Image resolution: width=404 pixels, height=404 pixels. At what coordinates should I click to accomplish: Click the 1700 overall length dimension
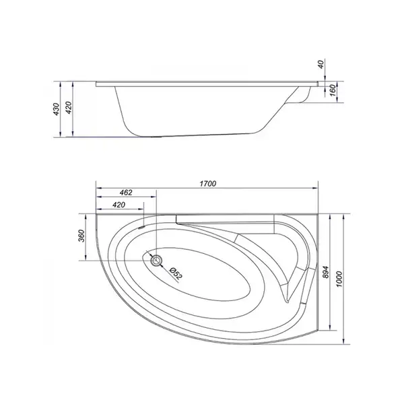pyautogui.click(x=207, y=184)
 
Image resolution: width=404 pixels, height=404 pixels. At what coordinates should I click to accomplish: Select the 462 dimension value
pyautogui.click(x=126, y=193)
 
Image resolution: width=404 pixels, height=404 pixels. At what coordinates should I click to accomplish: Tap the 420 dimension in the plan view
pyautogui.click(x=119, y=205)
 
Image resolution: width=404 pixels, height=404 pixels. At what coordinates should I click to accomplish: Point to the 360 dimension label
pyautogui.click(x=81, y=236)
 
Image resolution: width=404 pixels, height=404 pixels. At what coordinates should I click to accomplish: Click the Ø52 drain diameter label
pyautogui.click(x=176, y=273)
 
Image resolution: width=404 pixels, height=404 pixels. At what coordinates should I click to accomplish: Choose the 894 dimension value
pyautogui.click(x=326, y=272)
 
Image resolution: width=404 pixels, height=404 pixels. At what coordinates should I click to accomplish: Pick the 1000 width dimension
pyautogui.click(x=339, y=279)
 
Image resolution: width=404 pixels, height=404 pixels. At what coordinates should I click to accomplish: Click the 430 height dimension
pyautogui.click(x=56, y=109)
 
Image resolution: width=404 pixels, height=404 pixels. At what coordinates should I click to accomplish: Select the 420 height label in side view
pyautogui.click(x=69, y=108)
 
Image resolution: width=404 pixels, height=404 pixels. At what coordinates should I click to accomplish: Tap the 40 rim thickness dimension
pyautogui.click(x=321, y=64)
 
